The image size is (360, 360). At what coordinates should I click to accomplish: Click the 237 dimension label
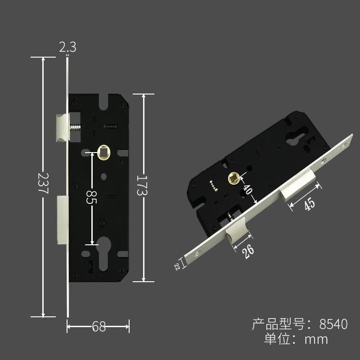[x=43, y=183]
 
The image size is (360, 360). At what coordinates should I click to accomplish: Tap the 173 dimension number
[x=142, y=185]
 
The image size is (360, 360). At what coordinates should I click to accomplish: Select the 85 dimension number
[x=92, y=197]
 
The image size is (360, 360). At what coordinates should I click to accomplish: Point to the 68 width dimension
[x=99, y=326]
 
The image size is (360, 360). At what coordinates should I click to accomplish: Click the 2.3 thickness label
[x=67, y=47]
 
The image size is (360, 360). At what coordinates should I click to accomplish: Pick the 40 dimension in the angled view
[x=248, y=189]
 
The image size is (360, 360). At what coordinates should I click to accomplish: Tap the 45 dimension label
[x=310, y=204]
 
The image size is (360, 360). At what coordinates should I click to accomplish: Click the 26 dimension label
[x=248, y=252]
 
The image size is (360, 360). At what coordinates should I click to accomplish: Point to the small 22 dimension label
[x=177, y=266]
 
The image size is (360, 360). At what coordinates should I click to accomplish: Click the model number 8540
[x=333, y=324]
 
